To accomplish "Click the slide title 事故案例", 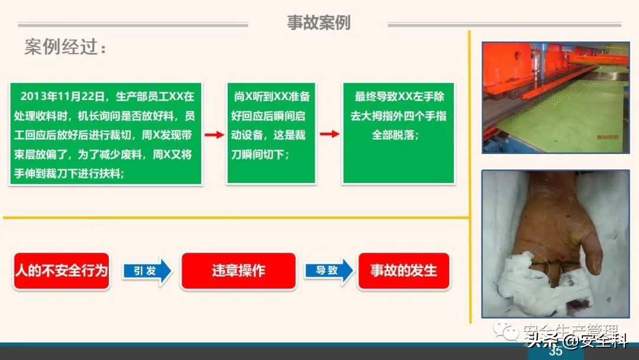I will pyautogui.click(x=318, y=22).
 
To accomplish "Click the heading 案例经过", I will pyautogui.click(x=66, y=47).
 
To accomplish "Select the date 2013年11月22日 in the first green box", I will pyautogui.click(x=62, y=96).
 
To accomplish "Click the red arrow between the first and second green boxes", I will pyautogui.click(x=214, y=134).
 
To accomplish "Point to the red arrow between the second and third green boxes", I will pyautogui.click(x=330, y=134).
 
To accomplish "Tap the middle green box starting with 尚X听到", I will pyautogui.click(x=271, y=133).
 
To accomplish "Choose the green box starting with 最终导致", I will pyautogui.click(x=398, y=133).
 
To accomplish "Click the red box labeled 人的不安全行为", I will pyautogui.click(x=62, y=271).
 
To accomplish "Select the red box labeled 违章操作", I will pyautogui.click(x=238, y=271).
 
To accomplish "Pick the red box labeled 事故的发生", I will pyautogui.click(x=404, y=271).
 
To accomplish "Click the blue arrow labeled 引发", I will pyautogui.click(x=147, y=271).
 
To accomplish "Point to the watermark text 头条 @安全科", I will pyautogui.click(x=577, y=340).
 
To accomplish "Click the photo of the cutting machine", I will pyautogui.click(x=555, y=97).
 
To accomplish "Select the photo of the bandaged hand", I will pyautogui.click(x=555, y=243).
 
